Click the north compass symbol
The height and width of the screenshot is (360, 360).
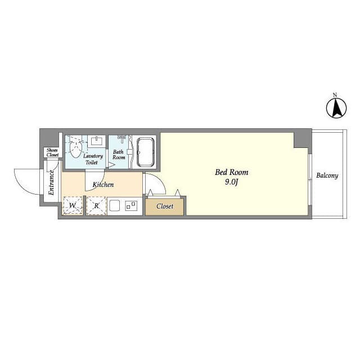(336, 108)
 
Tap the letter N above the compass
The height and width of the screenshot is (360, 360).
(335, 94)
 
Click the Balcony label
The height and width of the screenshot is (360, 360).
(327, 175)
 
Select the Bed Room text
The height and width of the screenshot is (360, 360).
(231, 172)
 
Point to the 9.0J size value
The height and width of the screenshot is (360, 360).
(231, 182)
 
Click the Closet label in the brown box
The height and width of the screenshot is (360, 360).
(165, 206)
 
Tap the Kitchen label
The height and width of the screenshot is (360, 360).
(103, 184)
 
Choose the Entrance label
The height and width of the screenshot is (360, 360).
(51, 183)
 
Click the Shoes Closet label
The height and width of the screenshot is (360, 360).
(52, 152)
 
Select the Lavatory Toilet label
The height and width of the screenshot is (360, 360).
(93, 159)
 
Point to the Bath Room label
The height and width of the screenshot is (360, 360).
(119, 155)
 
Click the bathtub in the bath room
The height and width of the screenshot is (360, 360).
(145, 152)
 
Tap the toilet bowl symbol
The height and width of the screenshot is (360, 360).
(76, 148)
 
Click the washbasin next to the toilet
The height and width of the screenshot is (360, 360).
(97, 141)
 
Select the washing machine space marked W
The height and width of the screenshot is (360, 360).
(73, 205)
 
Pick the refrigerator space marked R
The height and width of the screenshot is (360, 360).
(96, 206)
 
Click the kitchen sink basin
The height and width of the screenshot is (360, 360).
(114, 205)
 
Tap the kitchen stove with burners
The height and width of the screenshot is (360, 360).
(131, 206)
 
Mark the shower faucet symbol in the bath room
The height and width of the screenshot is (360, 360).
(121, 139)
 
